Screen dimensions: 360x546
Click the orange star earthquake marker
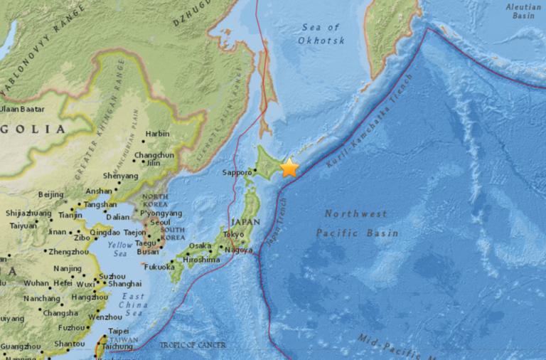(x=289, y=168)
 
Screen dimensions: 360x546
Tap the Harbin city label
(x=157, y=133)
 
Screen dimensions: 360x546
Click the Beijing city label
(x=50, y=194)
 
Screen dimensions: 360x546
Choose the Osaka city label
(x=200, y=246)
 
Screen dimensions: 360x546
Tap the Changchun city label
(x=154, y=154)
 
